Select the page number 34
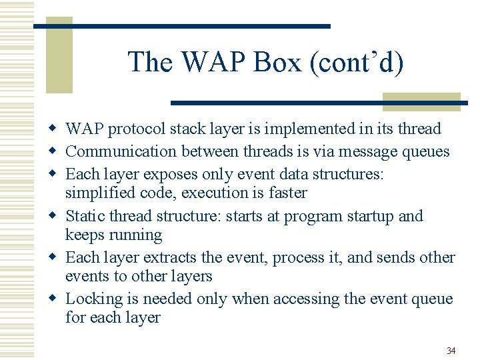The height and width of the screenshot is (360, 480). (x=451, y=351)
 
